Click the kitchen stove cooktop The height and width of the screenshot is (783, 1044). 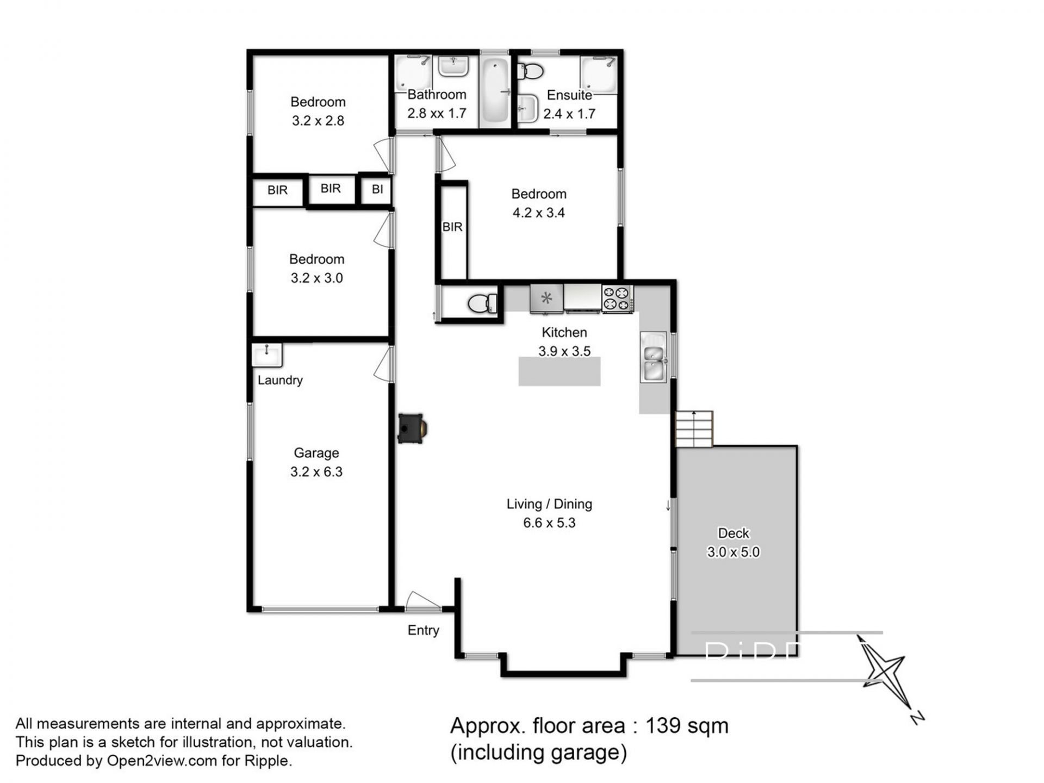(617, 299)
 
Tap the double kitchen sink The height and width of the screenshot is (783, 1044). (654, 357)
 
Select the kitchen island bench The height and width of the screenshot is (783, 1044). (559, 371)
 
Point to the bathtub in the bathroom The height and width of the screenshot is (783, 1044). (495, 90)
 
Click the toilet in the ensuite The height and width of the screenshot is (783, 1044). (530, 71)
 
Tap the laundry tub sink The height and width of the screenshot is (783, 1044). (267, 356)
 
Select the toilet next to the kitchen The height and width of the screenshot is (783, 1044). (482, 303)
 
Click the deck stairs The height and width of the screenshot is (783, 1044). (694, 428)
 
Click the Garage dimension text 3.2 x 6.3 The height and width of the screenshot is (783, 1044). (316, 471)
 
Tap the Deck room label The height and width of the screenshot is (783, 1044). (734, 533)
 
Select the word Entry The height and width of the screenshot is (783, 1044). (423, 630)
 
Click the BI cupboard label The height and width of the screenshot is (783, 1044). (377, 189)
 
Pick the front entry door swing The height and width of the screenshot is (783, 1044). (422, 600)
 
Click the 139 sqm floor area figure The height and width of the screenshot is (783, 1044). (687, 725)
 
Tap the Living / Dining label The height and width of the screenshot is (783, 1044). (549, 504)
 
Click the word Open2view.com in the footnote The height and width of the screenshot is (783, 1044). (162, 760)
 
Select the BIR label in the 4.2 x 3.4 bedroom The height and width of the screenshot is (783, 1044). (452, 227)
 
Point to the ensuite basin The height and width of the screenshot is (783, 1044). (526, 108)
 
